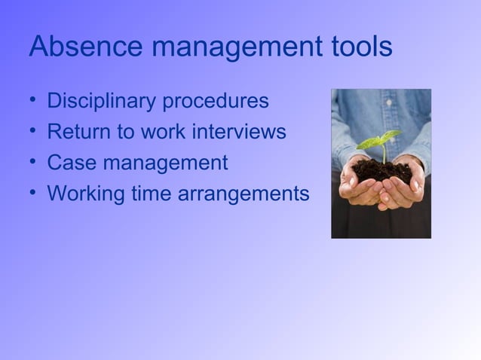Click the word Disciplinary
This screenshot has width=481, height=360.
[106, 101]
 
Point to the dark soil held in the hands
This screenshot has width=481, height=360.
[383, 169]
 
